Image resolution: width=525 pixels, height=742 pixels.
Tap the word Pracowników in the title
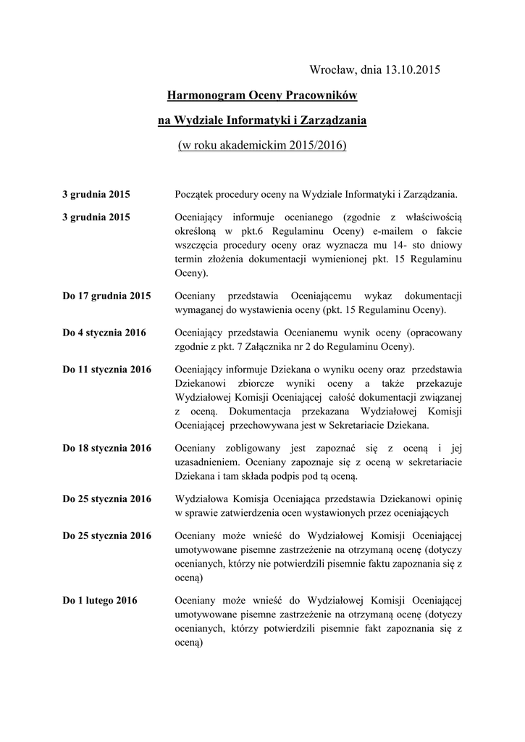pyautogui.click(x=321, y=95)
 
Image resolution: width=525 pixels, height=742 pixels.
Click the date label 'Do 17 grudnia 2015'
pyautogui.click(x=106, y=296)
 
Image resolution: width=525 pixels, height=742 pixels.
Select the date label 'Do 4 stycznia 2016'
pyautogui.click(x=104, y=333)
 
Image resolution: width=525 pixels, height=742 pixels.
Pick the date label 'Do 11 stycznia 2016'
pyautogui.click(x=106, y=369)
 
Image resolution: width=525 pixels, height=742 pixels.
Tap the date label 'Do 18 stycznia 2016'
pyautogui.click(x=106, y=448)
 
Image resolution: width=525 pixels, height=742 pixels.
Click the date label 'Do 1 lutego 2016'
pyautogui.click(x=100, y=600)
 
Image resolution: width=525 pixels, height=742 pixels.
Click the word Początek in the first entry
pyautogui.click(x=198, y=194)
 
